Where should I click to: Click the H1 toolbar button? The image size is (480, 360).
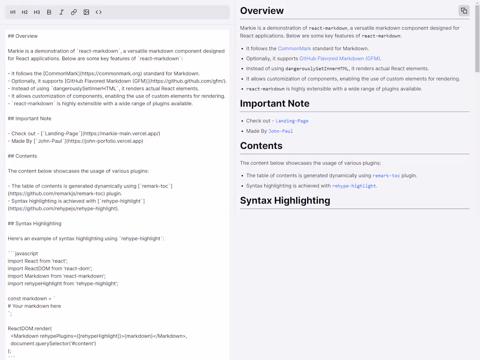pyautogui.click(x=13, y=12)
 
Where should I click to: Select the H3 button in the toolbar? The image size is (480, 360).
pyautogui.click(x=37, y=12)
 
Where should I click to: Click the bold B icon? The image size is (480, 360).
pyautogui.click(x=49, y=12)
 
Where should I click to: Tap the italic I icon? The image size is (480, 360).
pyautogui.click(x=61, y=12)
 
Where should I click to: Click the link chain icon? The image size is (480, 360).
pyautogui.click(x=74, y=12)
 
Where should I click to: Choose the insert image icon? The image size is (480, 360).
pyautogui.click(x=86, y=12)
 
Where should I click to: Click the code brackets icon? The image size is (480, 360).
pyautogui.click(x=99, y=12)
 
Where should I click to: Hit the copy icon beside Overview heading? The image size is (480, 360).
pyautogui.click(x=464, y=11)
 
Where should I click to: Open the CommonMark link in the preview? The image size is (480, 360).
pyautogui.click(x=294, y=49)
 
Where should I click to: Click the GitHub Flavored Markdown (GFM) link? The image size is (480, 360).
pyautogui.click(x=340, y=59)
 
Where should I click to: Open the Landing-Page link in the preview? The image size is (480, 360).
pyautogui.click(x=292, y=121)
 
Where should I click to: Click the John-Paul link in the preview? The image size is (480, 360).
pyautogui.click(x=281, y=131)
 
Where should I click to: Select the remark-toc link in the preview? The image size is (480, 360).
pyautogui.click(x=386, y=176)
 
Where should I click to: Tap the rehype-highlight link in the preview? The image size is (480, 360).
pyautogui.click(x=354, y=186)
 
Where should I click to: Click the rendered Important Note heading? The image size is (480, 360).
pyautogui.click(x=275, y=104)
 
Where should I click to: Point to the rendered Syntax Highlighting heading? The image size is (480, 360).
pyautogui.click(x=285, y=201)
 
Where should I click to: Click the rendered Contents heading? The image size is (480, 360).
pyautogui.click(x=261, y=146)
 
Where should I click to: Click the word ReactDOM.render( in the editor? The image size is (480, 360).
pyautogui.click(x=30, y=329)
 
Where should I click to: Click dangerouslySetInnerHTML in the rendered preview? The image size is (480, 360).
pyautogui.click(x=317, y=69)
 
